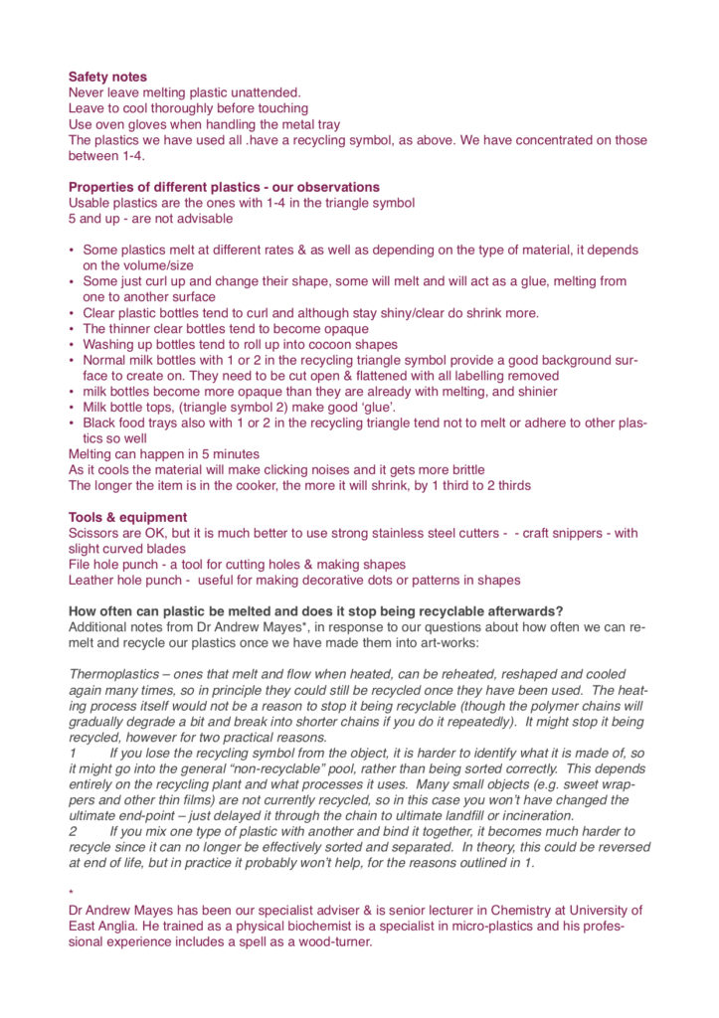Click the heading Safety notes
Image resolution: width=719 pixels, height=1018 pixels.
click(107, 77)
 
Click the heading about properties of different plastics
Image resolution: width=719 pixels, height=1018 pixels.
click(224, 187)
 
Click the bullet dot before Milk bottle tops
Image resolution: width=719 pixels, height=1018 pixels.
click(71, 409)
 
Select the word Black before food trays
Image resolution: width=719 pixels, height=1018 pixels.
click(100, 424)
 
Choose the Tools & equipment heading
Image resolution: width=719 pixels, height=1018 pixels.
click(127, 517)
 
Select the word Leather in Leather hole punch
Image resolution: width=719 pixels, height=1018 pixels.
click(91, 581)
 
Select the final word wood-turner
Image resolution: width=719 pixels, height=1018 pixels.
click(328, 942)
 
